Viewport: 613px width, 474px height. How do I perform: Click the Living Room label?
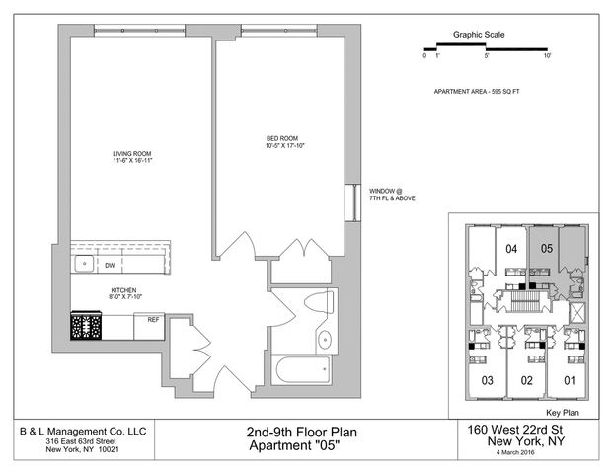132,154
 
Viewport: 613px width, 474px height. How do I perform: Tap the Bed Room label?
282,138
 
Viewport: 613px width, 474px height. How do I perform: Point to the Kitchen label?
124,290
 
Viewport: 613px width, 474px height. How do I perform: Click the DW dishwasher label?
110,266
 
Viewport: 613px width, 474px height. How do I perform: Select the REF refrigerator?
149,326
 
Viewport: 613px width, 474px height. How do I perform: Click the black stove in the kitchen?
86,326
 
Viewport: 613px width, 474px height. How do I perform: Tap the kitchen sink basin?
84,264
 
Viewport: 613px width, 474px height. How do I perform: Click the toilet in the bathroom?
319,302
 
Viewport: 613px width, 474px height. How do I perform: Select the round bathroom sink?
325,340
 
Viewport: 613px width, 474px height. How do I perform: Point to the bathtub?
303,369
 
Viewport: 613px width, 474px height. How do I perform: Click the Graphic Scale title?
479,35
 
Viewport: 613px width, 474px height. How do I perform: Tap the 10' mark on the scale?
547,56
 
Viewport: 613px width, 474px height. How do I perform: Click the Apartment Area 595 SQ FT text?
477,92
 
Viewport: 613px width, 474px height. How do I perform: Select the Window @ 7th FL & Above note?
392,195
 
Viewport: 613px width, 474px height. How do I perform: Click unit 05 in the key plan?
547,248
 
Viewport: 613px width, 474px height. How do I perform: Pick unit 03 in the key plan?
487,380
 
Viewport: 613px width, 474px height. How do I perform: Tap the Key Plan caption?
563,413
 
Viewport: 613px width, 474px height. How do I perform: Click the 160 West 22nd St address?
515,430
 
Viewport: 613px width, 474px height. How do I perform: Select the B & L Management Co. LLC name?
83,432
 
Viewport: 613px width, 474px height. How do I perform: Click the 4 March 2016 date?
515,452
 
